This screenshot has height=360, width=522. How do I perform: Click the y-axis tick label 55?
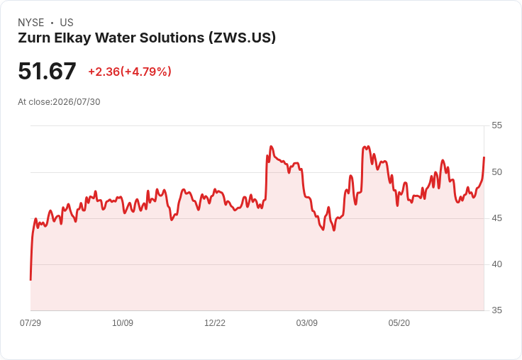tap(496, 125)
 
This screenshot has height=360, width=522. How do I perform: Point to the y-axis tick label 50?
tap(496, 172)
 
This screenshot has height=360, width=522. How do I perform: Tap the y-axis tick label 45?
tap(496, 218)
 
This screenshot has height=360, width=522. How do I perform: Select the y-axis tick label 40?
tap(496, 264)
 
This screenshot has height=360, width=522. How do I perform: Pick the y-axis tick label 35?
tap(496, 310)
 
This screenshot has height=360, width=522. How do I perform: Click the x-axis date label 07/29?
tap(30, 323)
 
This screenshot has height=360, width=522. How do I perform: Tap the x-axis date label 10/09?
tap(123, 323)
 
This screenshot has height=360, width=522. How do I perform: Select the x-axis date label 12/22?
tap(215, 323)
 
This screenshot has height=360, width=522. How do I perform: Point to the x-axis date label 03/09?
tap(307, 323)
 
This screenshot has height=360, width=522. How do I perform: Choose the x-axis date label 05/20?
tap(399, 323)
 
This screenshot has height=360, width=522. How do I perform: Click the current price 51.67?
tap(47, 71)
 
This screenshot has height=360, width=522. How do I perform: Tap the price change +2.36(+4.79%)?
tap(130, 72)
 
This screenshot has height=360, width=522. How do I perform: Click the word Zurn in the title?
tap(33, 38)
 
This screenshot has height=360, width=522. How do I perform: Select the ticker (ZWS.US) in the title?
tap(243, 38)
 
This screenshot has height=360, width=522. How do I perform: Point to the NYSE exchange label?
tap(31, 23)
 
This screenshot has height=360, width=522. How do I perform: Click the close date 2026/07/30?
tap(77, 102)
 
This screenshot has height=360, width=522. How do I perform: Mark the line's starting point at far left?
tap(30, 280)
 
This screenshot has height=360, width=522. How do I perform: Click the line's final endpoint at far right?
tap(484, 157)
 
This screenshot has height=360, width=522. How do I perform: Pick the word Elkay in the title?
tap(72, 38)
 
